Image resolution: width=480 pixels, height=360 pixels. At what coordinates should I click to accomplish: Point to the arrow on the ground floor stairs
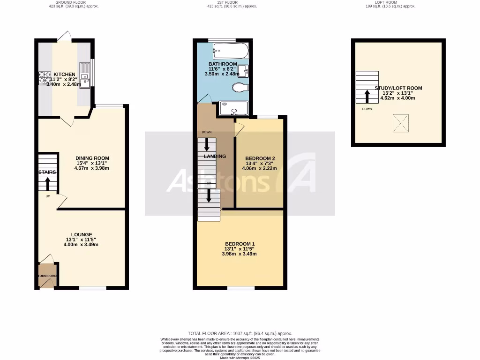click(47, 183)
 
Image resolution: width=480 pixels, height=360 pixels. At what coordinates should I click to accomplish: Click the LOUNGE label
click(82, 234)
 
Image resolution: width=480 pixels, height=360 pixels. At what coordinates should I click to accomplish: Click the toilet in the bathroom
click(240, 88)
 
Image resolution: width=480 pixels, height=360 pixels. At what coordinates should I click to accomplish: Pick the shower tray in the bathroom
click(233, 108)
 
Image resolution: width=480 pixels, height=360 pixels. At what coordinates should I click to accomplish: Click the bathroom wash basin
click(243, 71)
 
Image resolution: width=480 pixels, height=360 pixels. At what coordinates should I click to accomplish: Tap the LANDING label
click(215, 156)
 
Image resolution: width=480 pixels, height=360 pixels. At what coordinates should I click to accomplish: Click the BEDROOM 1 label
click(240, 244)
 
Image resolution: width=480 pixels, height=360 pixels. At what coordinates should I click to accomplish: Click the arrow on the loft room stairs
click(367, 96)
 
